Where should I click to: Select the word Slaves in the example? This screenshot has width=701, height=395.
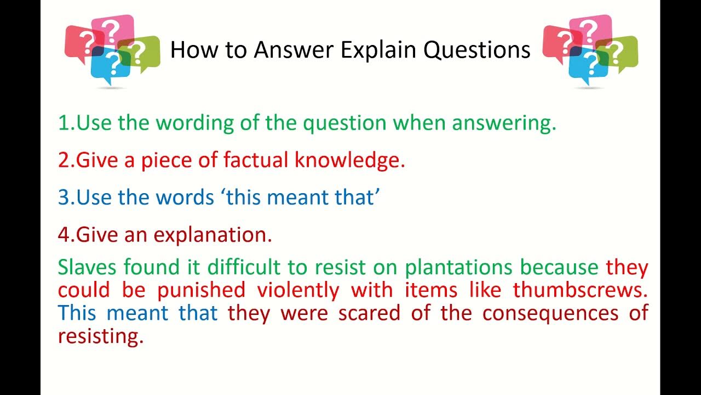coord(88,267)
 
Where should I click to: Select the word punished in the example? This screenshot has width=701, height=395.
coord(201,290)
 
